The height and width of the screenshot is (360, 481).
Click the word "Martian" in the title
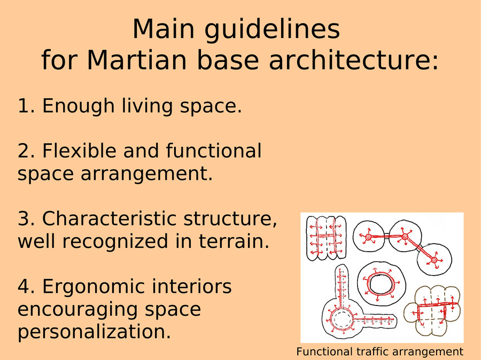click(x=137, y=59)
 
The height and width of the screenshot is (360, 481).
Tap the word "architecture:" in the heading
click(x=354, y=59)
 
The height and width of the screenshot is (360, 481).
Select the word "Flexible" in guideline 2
click(x=79, y=150)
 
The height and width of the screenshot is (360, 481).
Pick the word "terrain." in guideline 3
click(x=234, y=241)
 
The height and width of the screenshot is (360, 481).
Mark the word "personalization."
click(x=94, y=332)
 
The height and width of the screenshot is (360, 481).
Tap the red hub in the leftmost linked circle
click(x=368, y=237)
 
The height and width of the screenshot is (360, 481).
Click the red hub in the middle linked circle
click(x=405, y=237)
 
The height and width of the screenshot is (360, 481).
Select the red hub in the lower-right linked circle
click(x=434, y=260)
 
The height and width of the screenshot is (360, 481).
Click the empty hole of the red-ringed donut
click(x=382, y=284)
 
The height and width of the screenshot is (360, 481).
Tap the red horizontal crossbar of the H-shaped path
click(x=326, y=236)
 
